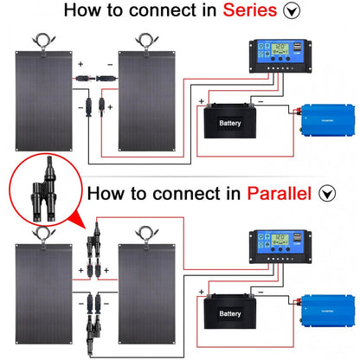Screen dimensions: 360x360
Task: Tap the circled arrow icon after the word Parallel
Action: coord(326,194)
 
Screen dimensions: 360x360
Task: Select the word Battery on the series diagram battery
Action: coord(229,124)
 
